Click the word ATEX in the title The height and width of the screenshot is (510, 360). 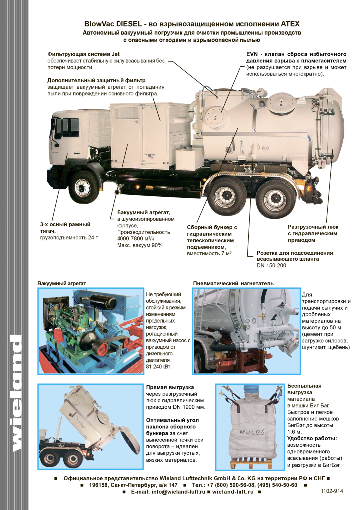[290, 24]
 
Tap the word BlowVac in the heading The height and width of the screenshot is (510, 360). [99, 24]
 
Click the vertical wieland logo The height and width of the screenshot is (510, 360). [16, 393]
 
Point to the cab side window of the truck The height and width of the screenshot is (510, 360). [70, 127]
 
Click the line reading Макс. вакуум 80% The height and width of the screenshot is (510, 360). [140, 245]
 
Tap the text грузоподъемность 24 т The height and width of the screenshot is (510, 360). [69, 238]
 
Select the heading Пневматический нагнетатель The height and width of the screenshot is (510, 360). [234, 283]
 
